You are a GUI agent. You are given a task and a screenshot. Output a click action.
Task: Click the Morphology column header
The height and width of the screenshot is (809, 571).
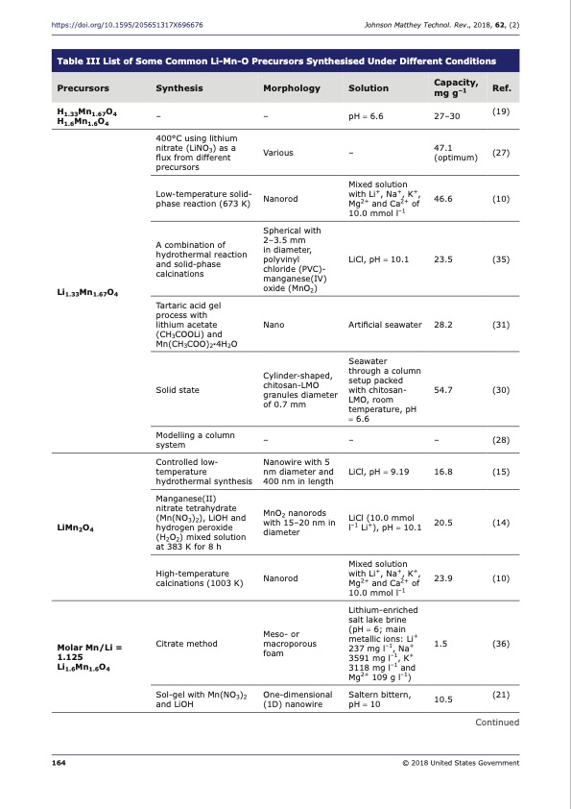(291, 88)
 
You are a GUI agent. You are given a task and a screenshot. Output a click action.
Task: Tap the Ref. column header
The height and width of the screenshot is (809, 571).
(500, 88)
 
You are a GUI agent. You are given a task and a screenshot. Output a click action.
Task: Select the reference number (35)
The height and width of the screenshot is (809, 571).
(500, 258)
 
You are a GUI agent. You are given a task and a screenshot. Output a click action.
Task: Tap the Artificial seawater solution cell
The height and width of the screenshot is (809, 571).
(385, 325)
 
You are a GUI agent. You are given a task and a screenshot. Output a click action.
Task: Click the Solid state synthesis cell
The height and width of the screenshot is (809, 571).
(177, 390)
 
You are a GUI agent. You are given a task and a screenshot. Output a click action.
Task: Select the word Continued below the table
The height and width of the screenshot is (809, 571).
(496, 723)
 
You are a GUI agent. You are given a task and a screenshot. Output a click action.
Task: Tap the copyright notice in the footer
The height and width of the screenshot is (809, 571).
(462, 763)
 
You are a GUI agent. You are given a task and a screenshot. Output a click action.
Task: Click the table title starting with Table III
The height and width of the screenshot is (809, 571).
(276, 61)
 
